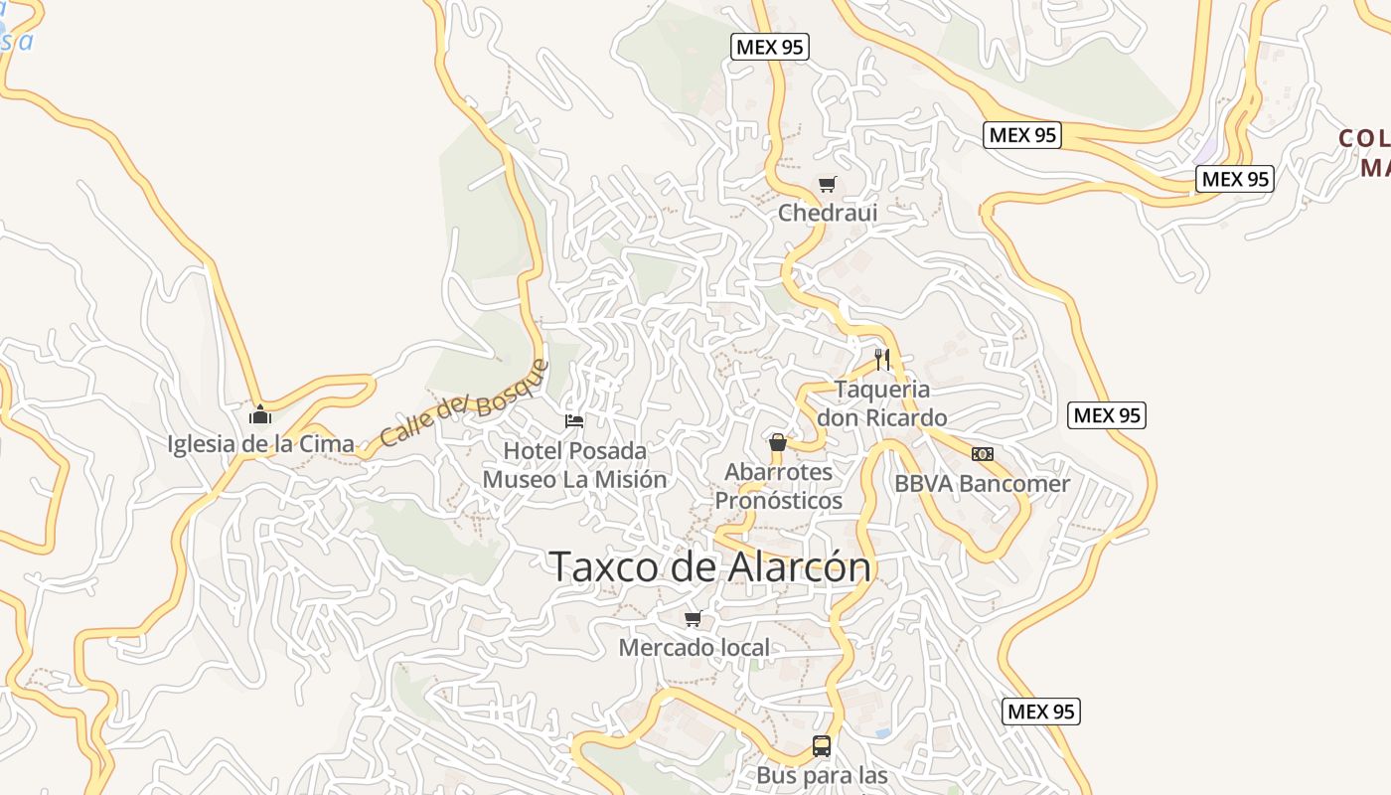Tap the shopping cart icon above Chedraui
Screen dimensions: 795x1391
827,184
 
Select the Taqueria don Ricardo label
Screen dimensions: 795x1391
881,403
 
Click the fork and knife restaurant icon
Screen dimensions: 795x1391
881,359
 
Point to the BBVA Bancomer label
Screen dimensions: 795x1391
982,484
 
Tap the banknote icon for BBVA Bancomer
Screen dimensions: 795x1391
983,454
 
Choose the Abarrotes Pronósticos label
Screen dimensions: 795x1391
779,486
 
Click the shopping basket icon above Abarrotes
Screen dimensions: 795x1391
778,442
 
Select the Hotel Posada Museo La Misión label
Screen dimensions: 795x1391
574,465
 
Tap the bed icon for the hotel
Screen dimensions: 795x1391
574,420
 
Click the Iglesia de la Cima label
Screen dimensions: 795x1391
261,444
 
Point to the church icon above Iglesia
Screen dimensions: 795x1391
260,413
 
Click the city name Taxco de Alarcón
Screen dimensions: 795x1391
710,566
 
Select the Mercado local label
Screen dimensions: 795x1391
694,648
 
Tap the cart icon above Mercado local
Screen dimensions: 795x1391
694,618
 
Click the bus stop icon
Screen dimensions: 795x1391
822,745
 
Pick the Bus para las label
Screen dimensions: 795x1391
822,775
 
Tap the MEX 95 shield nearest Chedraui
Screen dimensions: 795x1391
769,46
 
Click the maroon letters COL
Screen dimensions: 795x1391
1362,138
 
